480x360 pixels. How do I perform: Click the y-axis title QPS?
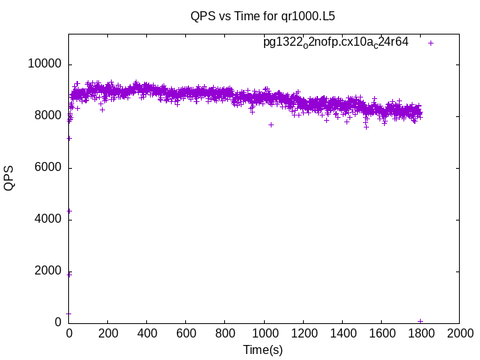pos(9,178)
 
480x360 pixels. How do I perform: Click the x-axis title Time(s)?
pos(262,349)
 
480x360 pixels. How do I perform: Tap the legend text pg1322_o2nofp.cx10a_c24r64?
pos(335,42)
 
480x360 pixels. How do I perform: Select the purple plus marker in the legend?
pos(431,43)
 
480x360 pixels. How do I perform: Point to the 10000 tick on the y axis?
pos(44,64)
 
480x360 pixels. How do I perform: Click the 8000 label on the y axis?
pos(47,115)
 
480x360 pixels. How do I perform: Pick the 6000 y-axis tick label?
pos(47,167)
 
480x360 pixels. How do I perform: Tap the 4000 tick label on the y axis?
pos(47,219)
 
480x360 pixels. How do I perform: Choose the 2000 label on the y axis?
pos(47,271)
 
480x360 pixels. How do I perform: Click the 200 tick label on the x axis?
pos(108,334)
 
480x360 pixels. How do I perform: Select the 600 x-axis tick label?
pos(186,334)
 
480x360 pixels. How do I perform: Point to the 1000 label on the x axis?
pos(264,334)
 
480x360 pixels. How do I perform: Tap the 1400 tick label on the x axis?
pos(342,334)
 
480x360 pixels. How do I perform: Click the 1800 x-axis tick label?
pos(420,334)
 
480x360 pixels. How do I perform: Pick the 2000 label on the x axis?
pos(459,334)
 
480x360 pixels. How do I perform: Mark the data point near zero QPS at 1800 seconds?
pos(420,321)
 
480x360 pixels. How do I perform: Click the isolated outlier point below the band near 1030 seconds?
pos(271,124)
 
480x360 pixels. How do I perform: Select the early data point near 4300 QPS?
pos(69,211)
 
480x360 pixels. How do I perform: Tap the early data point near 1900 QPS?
pos(69,274)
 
